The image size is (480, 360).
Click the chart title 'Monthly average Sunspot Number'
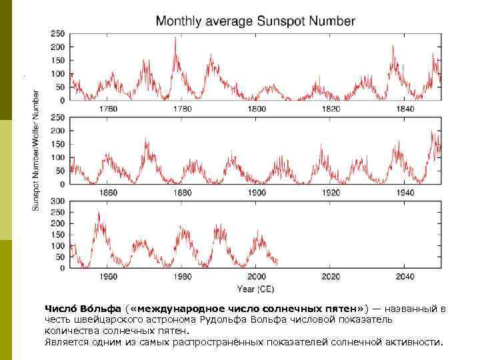255,21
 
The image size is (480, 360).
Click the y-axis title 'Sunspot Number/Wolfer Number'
37,151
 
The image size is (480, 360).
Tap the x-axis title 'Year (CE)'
255,289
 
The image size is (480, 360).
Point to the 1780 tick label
182,109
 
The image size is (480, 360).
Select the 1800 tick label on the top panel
257,109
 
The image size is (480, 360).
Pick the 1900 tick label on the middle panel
257,193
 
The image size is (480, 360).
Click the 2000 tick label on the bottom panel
257,277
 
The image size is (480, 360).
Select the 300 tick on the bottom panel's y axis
58,201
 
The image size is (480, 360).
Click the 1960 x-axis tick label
108,277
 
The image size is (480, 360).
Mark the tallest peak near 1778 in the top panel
175,38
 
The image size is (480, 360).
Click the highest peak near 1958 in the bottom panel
99,213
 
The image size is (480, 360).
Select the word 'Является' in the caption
66,342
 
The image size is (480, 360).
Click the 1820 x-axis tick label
331,109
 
